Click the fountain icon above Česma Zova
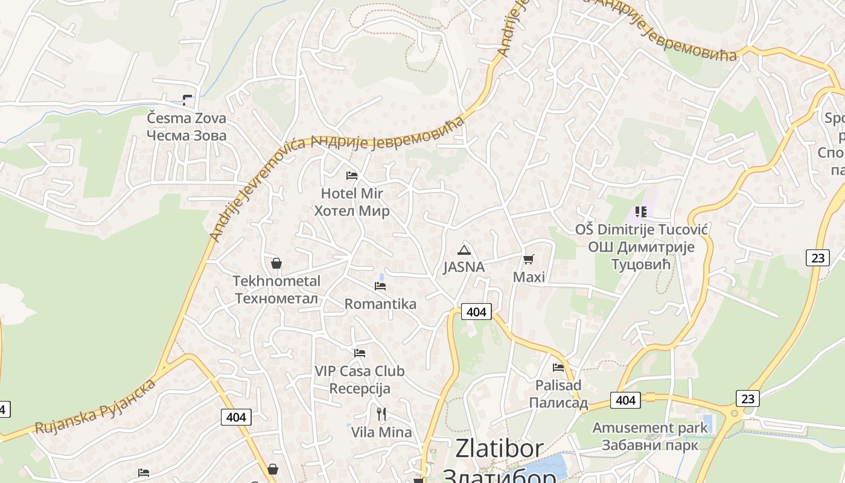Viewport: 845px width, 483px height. pyautogui.click(x=188, y=100)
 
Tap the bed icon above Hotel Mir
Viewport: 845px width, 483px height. pyautogui.click(x=352, y=176)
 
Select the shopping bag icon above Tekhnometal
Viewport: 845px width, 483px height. pyautogui.click(x=276, y=263)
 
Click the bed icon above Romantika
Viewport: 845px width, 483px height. pyautogui.click(x=380, y=286)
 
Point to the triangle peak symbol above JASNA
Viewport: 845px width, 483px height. pyautogui.click(x=464, y=250)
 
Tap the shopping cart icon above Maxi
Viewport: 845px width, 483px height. pyautogui.click(x=529, y=260)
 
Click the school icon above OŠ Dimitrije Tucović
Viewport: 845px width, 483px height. pyautogui.click(x=641, y=212)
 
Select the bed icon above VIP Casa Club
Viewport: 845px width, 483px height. pyautogui.click(x=360, y=353)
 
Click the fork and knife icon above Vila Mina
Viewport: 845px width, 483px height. pyautogui.click(x=381, y=414)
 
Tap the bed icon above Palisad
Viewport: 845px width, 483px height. pyautogui.click(x=558, y=367)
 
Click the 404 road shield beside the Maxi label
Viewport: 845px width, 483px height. pyautogui.click(x=476, y=312)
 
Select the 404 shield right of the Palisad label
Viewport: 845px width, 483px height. pyautogui.click(x=625, y=400)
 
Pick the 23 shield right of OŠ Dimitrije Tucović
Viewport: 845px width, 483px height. pyautogui.click(x=817, y=258)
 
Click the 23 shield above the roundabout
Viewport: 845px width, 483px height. pyautogui.click(x=747, y=398)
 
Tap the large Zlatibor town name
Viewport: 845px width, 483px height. pyautogui.click(x=499, y=448)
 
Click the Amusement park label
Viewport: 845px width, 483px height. pyautogui.click(x=649, y=428)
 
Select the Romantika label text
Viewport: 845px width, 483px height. pyautogui.click(x=380, y=304)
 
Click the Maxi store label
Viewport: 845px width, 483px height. pyautogui.click(x=529, y=277)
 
